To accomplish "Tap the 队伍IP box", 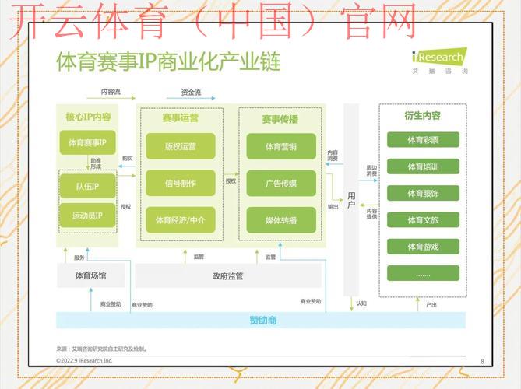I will click(x=86, y=187).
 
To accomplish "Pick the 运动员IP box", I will click(x=86, y=216).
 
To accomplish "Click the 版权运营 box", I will click(x=180, y=146).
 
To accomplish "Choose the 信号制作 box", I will click(x=180, y=184).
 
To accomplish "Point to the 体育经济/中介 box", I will click(x=180, y=220).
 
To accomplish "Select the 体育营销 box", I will click(x=281, y=146).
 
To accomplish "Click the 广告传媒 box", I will click(x=281, y=184).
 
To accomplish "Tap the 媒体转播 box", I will click(x=281, y=220).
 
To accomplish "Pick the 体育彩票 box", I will click(x=423, y=141).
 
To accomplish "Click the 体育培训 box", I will click(x=423, y=166).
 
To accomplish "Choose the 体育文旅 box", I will click(x=423, y=220).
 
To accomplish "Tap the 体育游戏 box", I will click(x=423, y=247).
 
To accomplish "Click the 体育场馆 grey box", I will click(x=90, y=275).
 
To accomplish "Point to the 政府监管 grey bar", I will click(x=227, y=275).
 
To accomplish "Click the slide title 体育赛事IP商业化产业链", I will click(x=168, y=61).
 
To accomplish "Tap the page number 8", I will click(x=482, y=361).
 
